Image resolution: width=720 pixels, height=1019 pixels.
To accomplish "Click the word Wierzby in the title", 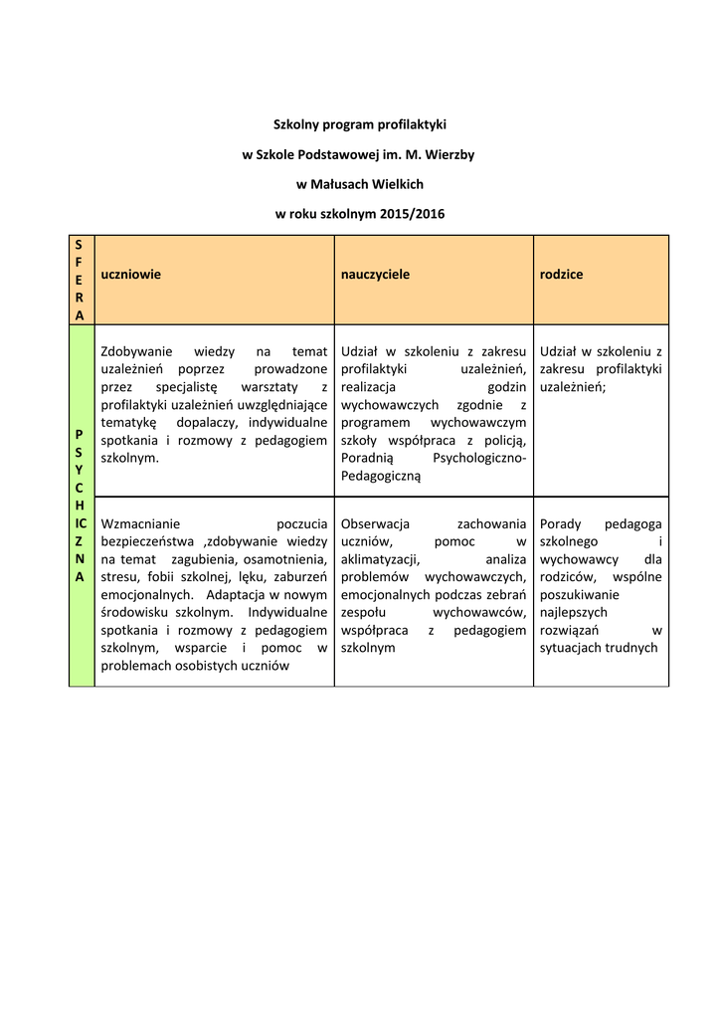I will (449, 154).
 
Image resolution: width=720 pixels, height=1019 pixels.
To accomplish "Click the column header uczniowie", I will (131, 274).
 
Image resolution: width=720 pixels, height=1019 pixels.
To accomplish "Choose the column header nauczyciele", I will (375, 274).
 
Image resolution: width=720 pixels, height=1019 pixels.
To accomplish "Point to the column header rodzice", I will (561, 274).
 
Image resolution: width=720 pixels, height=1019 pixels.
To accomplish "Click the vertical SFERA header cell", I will (80, 280).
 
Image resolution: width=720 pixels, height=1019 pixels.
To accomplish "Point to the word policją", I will (505, 441).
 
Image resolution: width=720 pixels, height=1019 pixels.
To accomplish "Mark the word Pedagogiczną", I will (381, 477).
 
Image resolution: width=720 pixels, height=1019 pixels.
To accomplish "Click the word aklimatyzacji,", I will (381, 559).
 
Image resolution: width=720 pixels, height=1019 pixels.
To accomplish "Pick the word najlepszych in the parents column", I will (573, 613).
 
